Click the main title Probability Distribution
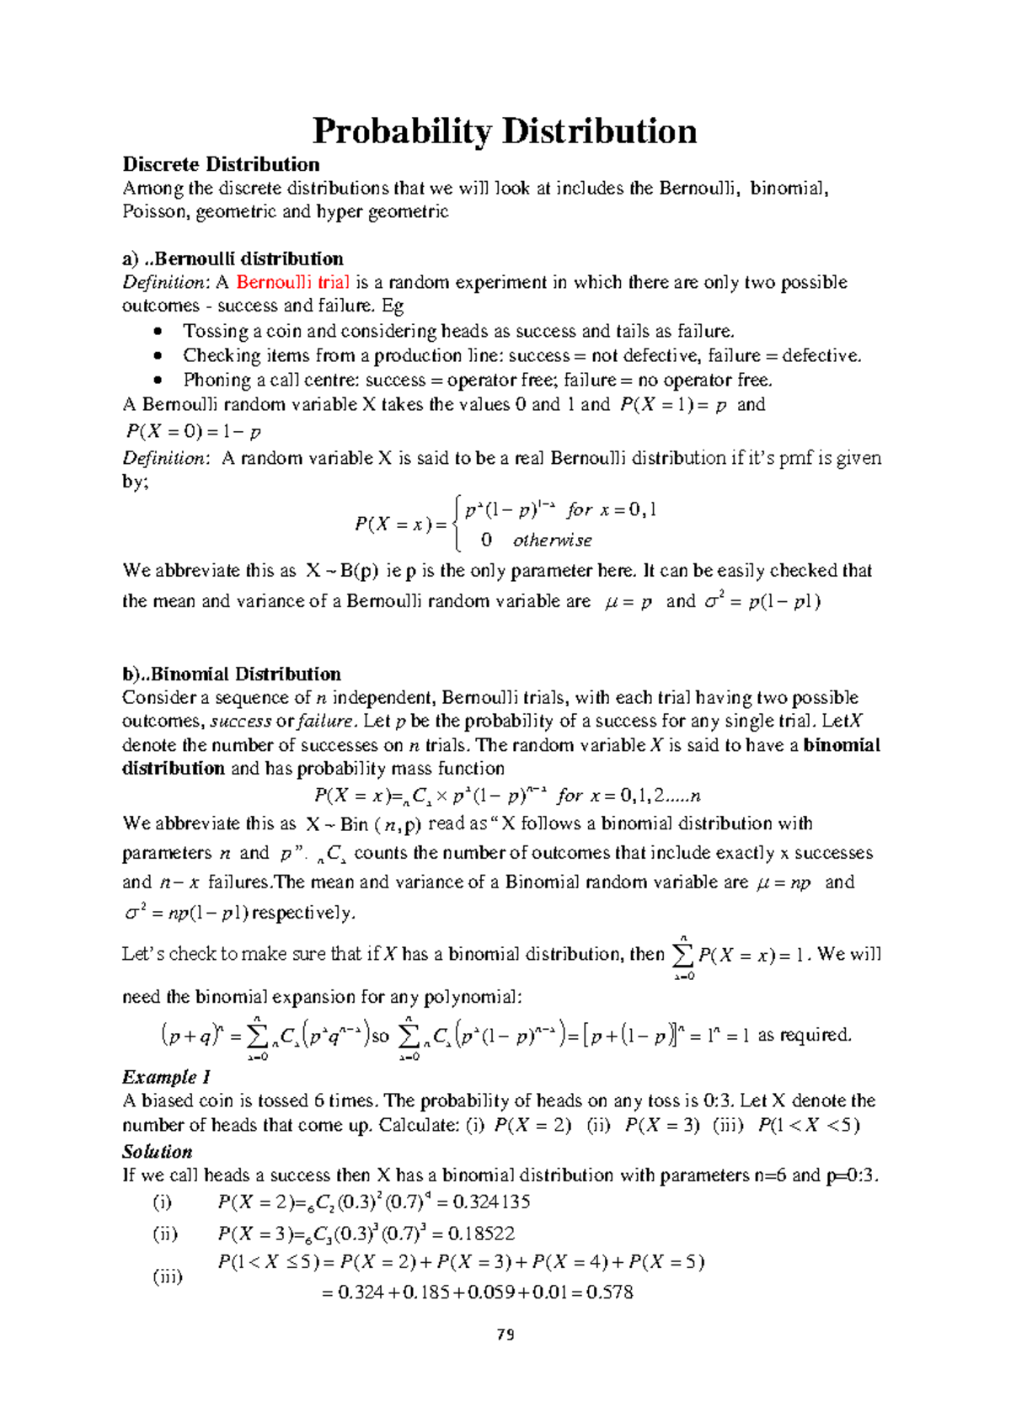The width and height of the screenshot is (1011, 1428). pos(504,132)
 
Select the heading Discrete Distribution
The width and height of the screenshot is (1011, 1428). pos(221,164)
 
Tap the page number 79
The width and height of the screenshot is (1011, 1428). pos(505,1335)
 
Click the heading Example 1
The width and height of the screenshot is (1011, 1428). pos(166,1077)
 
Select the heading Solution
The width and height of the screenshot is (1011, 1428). pos(157,1151)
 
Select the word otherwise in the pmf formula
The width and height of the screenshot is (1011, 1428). pos(552,541)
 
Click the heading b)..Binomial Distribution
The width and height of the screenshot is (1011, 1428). pos(232,674)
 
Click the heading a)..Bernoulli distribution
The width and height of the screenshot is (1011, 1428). pos(233,258)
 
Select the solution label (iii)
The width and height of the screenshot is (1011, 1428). pos(167,1276)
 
